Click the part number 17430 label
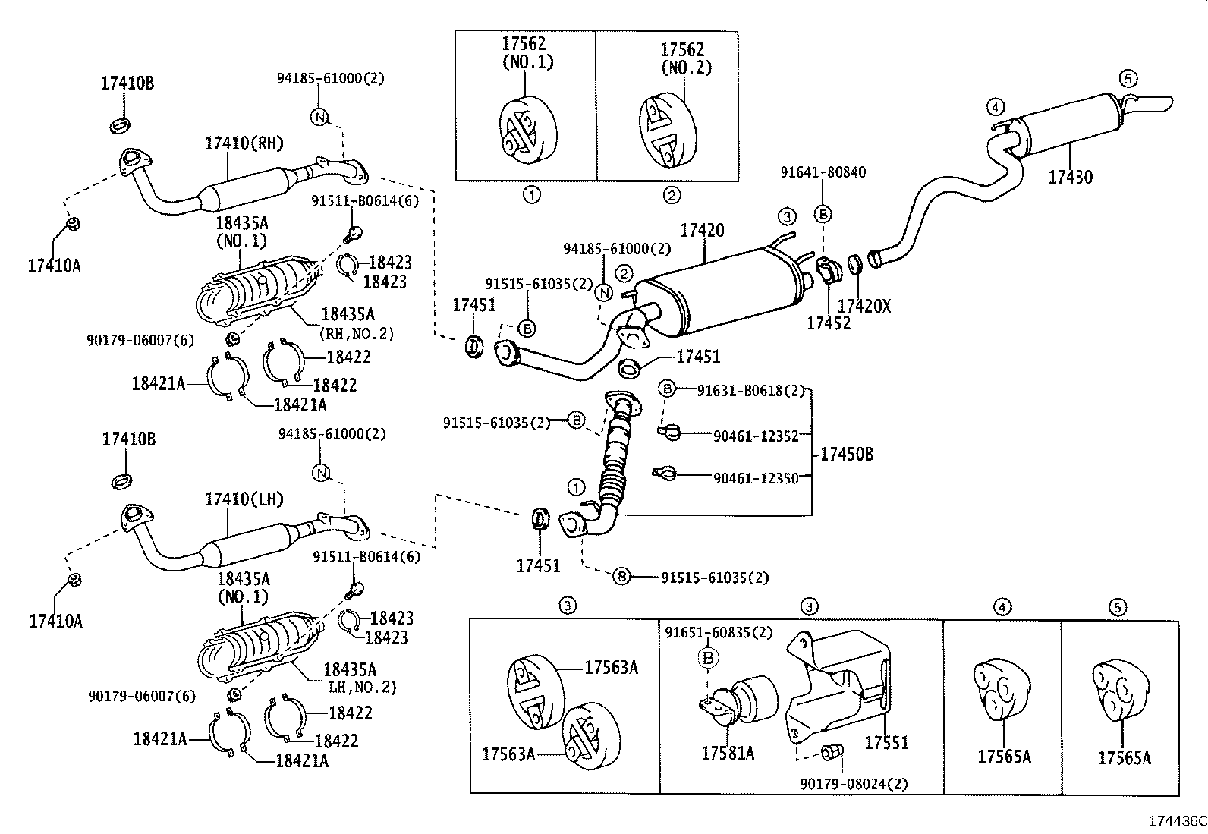tap(1070, 177)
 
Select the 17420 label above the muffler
tap(701, 230)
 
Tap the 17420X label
tap(864, 306)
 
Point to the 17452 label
tap(828, 323)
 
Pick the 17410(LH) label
tap(244, 499)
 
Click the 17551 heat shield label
tap(886, 742)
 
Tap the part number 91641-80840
tap(823, 172)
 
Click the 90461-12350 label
tap(756, 478)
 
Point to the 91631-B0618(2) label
tap(749, 390)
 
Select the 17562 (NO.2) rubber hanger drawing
tap(665, 131)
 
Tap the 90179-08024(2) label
tap(854, 783)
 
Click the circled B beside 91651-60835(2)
tap(708, 658)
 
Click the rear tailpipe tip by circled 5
tap(1153, 104)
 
